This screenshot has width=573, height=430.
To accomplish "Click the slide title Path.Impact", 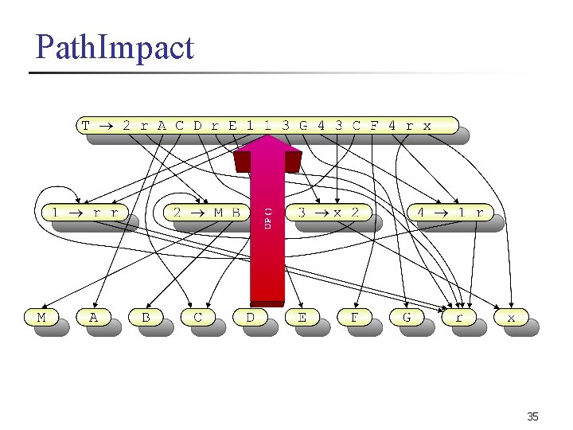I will click(x=115, y=48).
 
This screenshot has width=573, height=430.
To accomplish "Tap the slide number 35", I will click(x=532, y=416).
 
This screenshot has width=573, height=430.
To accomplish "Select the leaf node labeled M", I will click(x=41, y=317).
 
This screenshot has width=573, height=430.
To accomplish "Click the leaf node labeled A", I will click(x=93, y=317).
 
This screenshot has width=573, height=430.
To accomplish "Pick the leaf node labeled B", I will click(x=145, y=317).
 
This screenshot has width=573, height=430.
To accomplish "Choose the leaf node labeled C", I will click(x=197, y=317).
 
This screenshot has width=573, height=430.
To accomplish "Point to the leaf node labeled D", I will click(x=250, y=317).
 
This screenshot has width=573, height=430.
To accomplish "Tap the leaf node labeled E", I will click(x=302, y=317).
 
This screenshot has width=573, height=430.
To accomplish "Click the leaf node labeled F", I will click(x=354, y=317).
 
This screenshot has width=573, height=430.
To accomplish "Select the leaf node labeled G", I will click(x=407, y=317).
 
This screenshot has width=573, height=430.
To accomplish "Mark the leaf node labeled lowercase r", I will click(x=458, y=317).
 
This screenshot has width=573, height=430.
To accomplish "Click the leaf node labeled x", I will click(x=511, y=317).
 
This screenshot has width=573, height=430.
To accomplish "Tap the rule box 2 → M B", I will click(x=206, y=212).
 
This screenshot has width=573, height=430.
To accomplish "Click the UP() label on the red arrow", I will click(x=268, y=218).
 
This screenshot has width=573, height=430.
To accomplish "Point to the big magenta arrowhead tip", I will click(x=267, y=136).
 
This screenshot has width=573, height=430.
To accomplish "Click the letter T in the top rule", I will click(x=86, y=125).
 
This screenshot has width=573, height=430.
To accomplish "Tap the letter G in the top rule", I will click(x=303, y=125).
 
